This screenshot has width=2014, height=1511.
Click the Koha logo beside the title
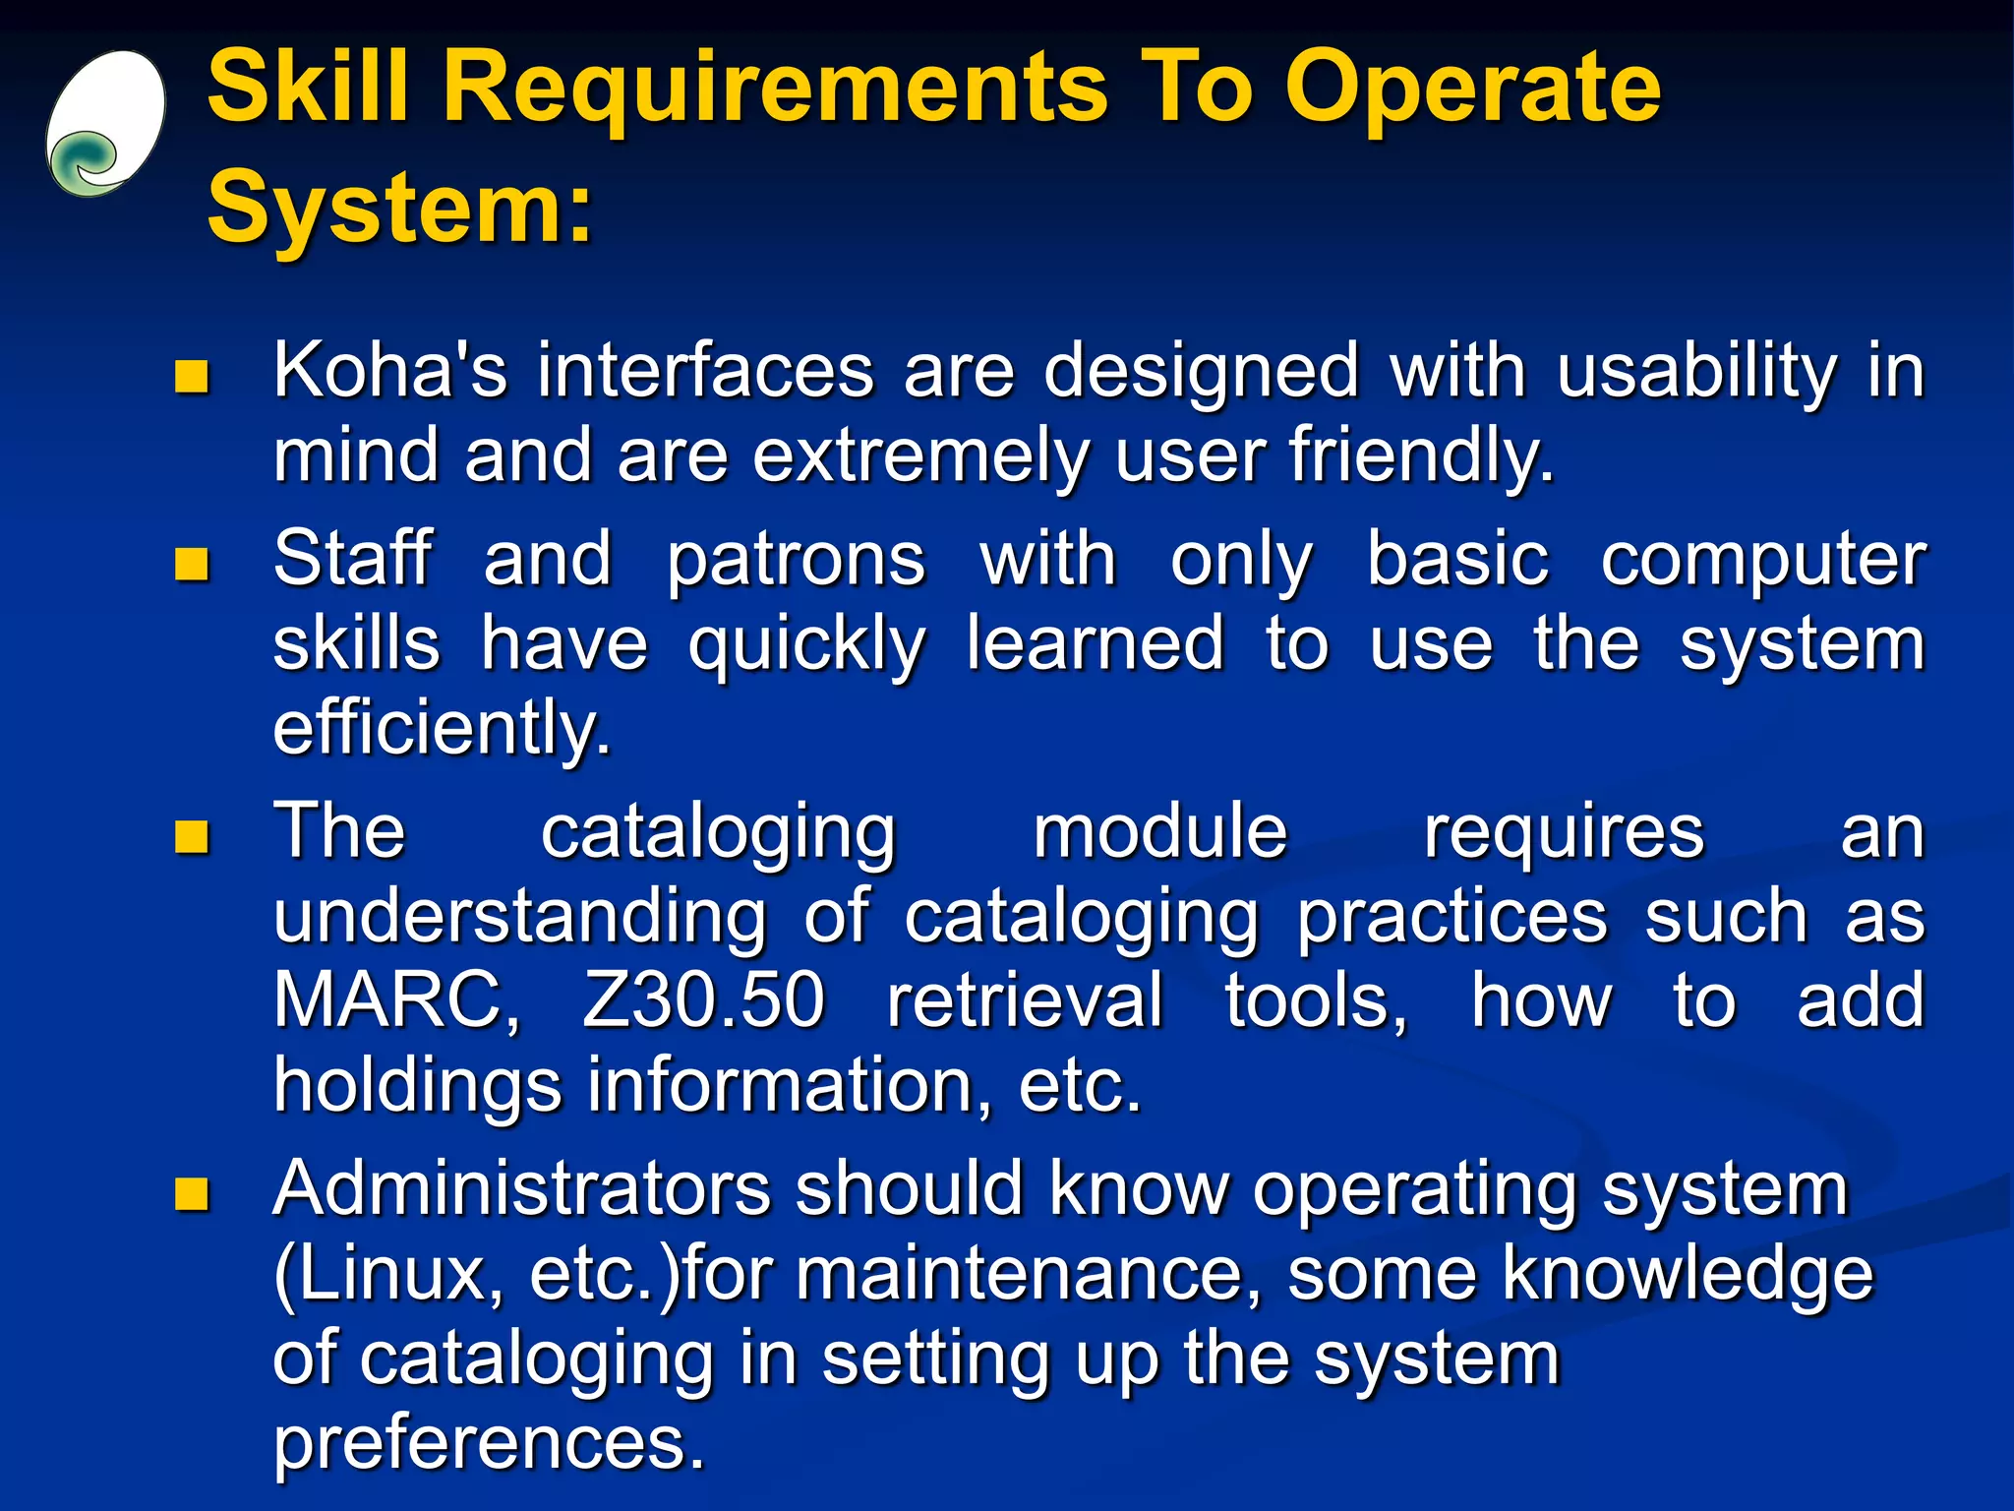pyautogui.click(x=104, y=124)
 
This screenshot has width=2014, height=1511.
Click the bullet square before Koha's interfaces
pyautogui.click(x=192, y=376)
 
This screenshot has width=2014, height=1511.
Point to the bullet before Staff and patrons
pyautogui.click(x=192, y=564)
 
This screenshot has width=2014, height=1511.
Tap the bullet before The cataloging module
pyautogui.click(x=192, y=836)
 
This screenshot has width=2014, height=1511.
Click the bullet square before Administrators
pyautogui.click(x=192, y=1193)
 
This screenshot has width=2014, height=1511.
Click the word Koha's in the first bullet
pyautogui.click(x=390, y=372)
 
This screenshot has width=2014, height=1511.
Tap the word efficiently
pyautogui.click(x=442, y=730)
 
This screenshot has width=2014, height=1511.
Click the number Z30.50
pyautogui.click(x=703, y=1001)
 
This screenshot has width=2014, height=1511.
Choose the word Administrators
pyautogui.click(x=521, y=1190)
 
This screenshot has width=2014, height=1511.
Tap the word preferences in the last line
pyautogui.click(x=489, y=1443)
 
